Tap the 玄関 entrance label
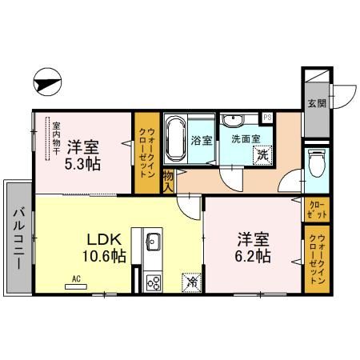tap(316, 102)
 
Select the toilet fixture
tap(315, 163)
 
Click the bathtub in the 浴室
tap(177, 139)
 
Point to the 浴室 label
tap(202, 141)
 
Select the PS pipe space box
tap(267, 118)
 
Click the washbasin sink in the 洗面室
tap(234, 121)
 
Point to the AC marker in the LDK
tap(77, 278)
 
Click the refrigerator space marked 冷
tap(192, 281)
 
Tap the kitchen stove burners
tap(153, 281)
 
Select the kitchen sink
tap(153, 242)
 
